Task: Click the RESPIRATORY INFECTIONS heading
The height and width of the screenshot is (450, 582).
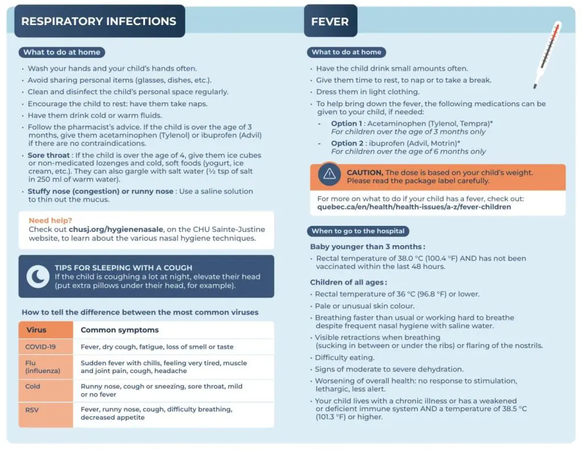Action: coord(99,22)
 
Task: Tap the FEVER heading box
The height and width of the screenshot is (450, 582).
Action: coord(330,22)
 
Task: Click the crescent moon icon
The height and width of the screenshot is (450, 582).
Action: coord(38,276)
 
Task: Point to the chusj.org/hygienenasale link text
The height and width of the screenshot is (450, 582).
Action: coord(116,229)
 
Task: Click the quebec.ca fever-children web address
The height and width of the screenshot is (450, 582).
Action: coord(414,207)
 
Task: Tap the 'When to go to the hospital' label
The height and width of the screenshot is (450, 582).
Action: coord(358,231)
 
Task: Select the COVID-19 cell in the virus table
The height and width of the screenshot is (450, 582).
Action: coord(40,346)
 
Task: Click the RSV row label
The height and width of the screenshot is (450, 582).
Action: coord(32,408)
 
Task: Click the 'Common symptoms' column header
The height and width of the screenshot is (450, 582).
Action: coord(119,330)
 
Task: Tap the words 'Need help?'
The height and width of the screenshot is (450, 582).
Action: coord(51,220)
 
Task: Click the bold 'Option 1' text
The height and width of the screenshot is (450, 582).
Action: coord(346,123)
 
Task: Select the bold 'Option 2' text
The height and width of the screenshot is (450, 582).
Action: coord(346,143)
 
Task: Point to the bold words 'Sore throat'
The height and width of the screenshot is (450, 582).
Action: coord(48,155)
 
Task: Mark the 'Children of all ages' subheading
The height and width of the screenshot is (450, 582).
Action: coord(348,282)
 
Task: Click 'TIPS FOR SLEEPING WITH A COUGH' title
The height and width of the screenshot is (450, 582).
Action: coord(123,267)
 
